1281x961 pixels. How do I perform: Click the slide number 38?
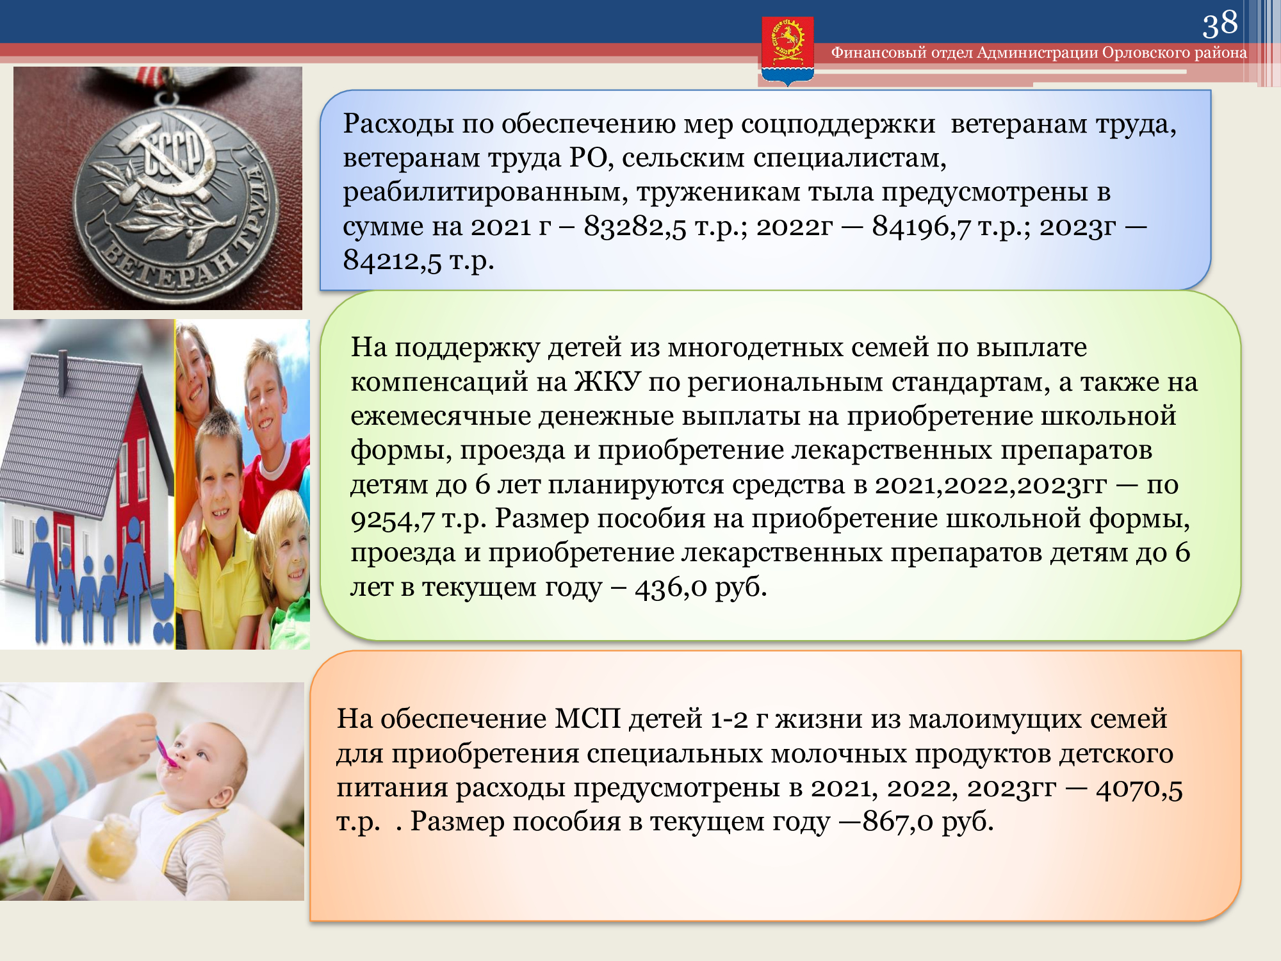coord(1220,24)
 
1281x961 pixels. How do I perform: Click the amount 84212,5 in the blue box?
coord(393,260)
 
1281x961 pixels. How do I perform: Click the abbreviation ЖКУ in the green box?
coord(607,382)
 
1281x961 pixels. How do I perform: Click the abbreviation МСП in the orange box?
coord(587,719)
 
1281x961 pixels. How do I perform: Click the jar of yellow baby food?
coord(113,840)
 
